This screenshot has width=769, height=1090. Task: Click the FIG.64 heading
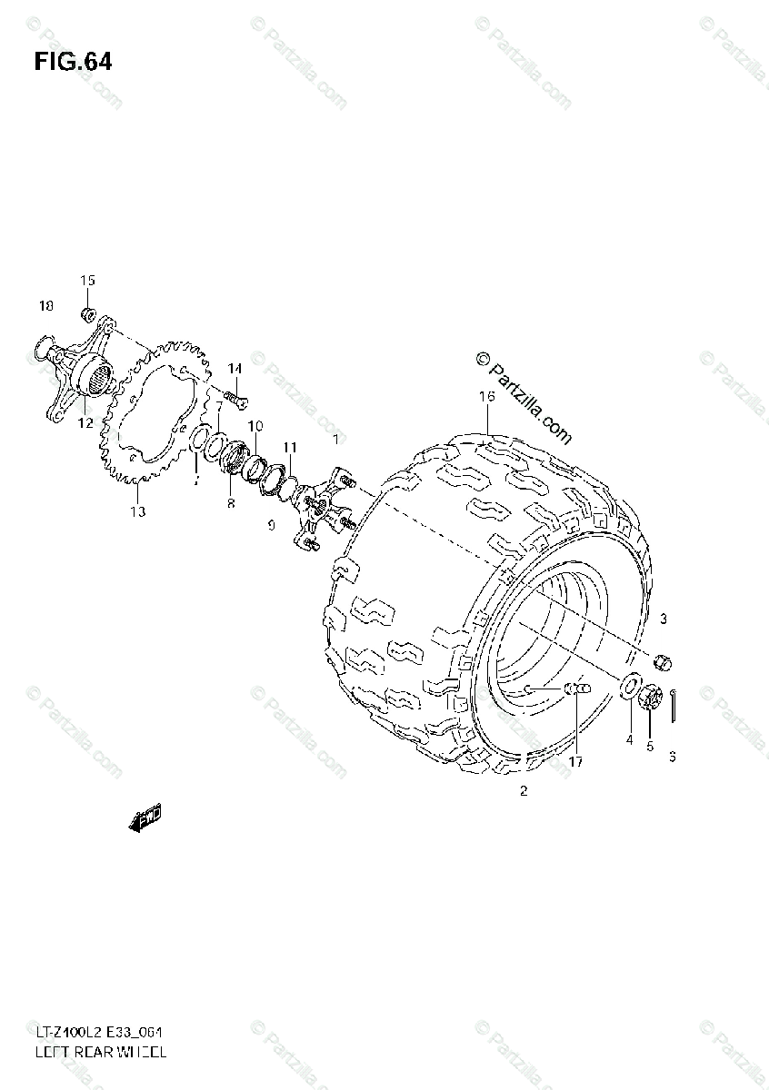73,62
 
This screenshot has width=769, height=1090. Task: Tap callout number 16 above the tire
487,397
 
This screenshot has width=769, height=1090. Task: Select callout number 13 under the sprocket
137,511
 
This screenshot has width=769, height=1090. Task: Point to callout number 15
87,281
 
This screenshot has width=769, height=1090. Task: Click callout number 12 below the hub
85,423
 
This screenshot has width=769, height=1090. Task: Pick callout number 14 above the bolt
235,369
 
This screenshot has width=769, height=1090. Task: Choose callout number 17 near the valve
575,761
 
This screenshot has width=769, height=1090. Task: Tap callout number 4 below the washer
628,740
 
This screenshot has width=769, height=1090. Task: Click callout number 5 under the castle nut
650,747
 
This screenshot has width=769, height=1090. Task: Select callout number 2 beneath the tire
524,790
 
